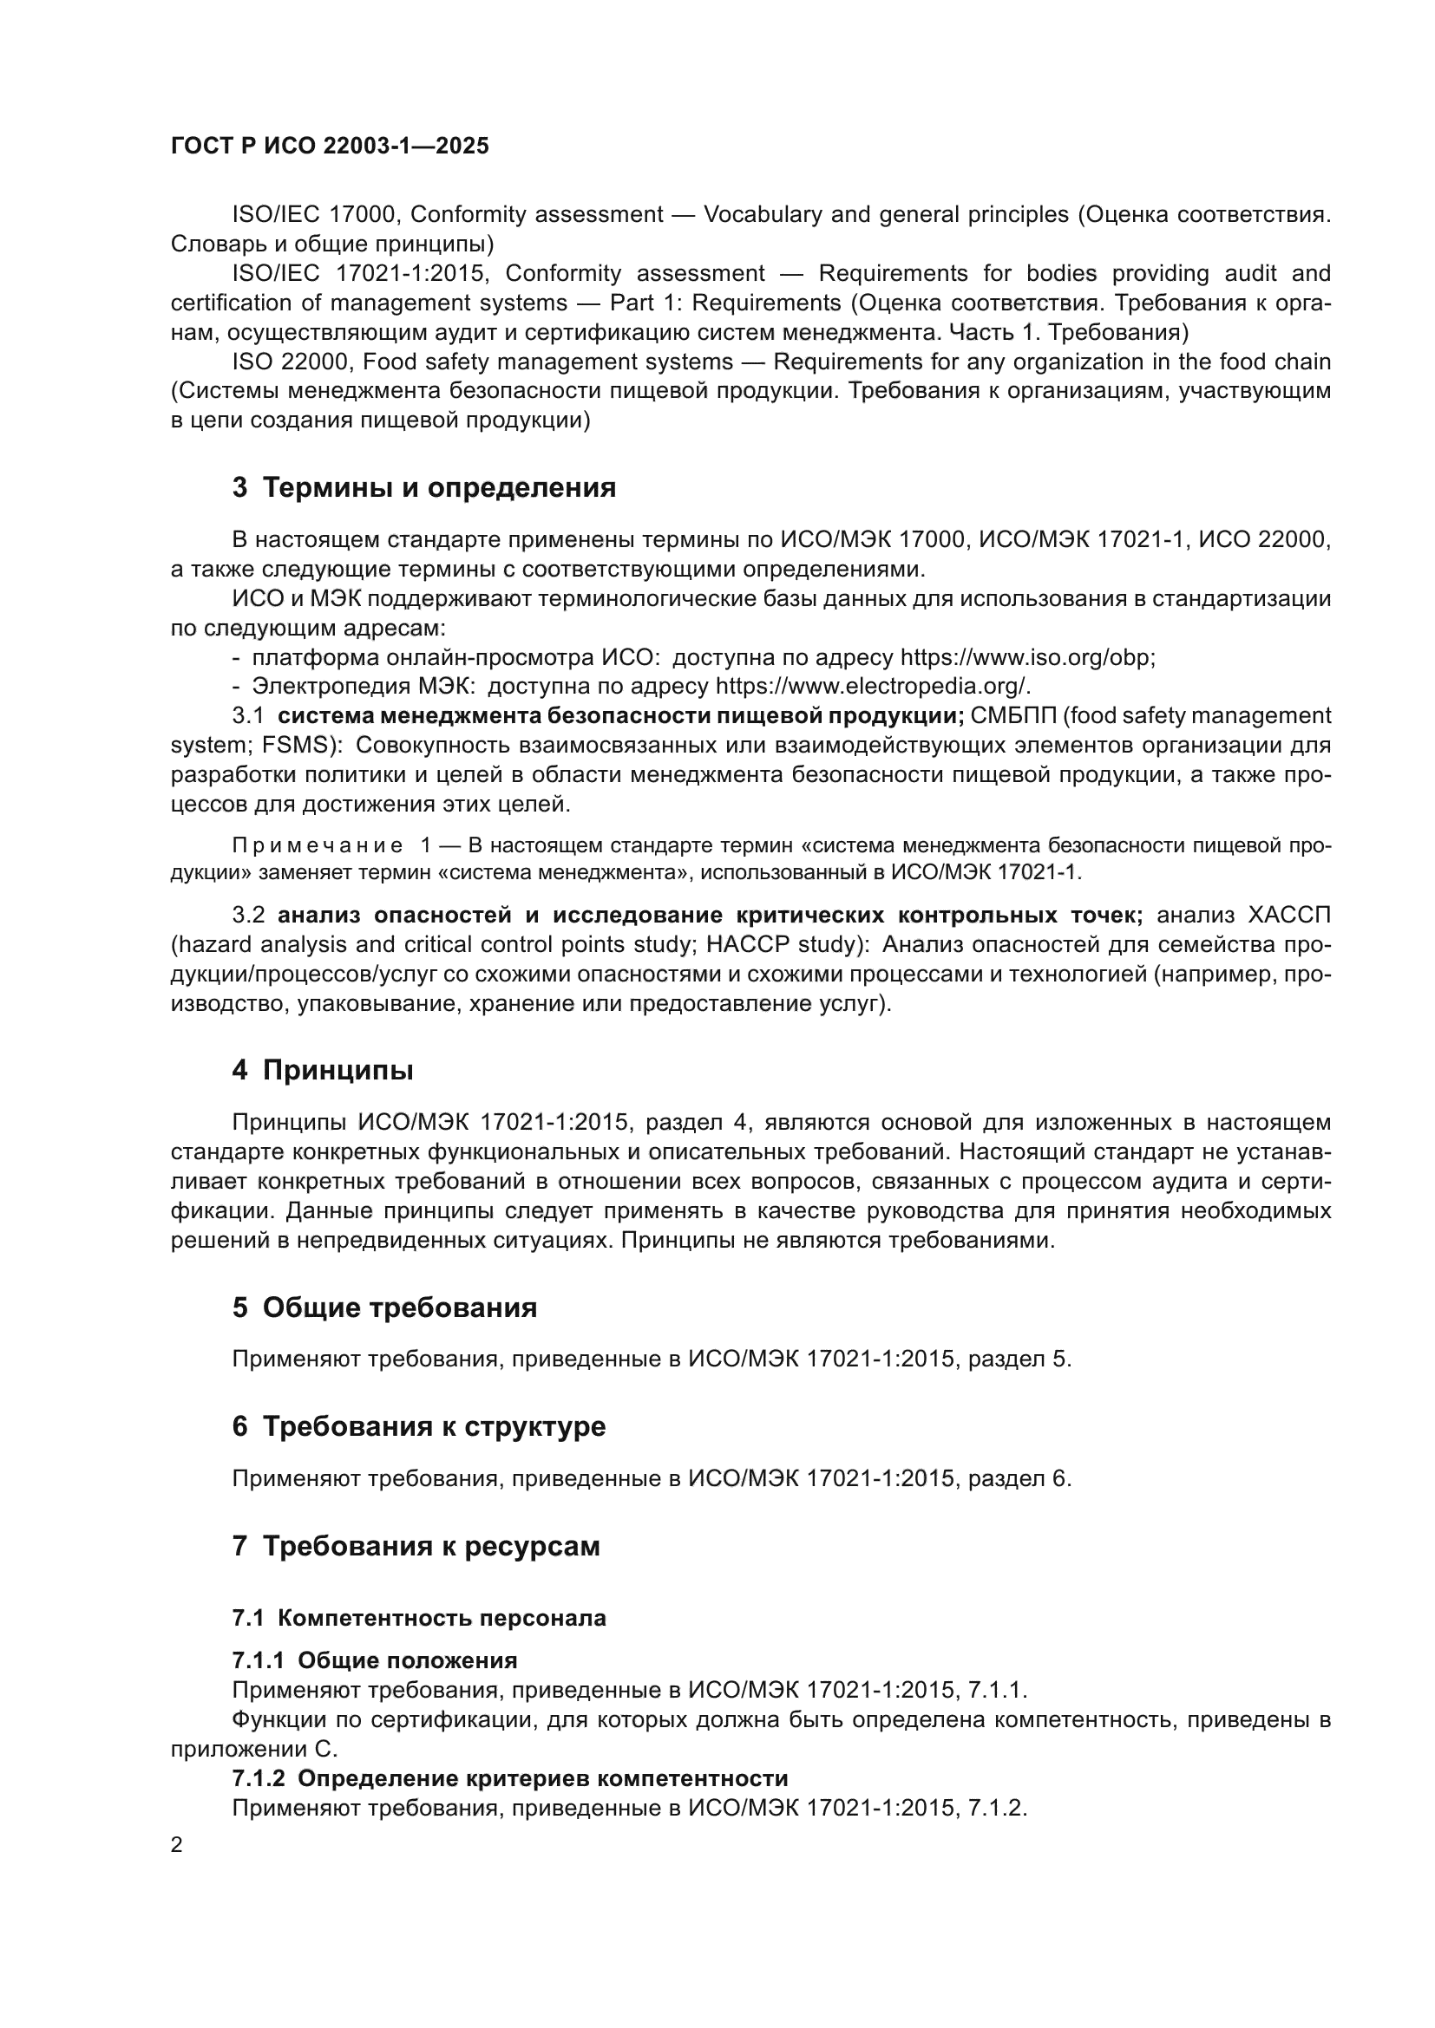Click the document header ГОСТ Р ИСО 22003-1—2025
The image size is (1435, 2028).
[330, 147]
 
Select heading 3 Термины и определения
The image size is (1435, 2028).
[424, 487]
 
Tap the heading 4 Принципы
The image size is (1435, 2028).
[323, 1071]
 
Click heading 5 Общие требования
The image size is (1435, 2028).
[384, 1308]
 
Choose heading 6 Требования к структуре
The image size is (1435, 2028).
[419, 1427]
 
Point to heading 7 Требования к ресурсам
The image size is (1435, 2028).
[416, 1547]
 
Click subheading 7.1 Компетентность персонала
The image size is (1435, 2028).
[419, 1618]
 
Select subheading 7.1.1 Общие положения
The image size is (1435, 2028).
[375, 1660]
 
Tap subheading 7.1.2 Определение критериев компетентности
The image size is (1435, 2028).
[510, 1778]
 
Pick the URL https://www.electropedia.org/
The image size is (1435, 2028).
[872, 688]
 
